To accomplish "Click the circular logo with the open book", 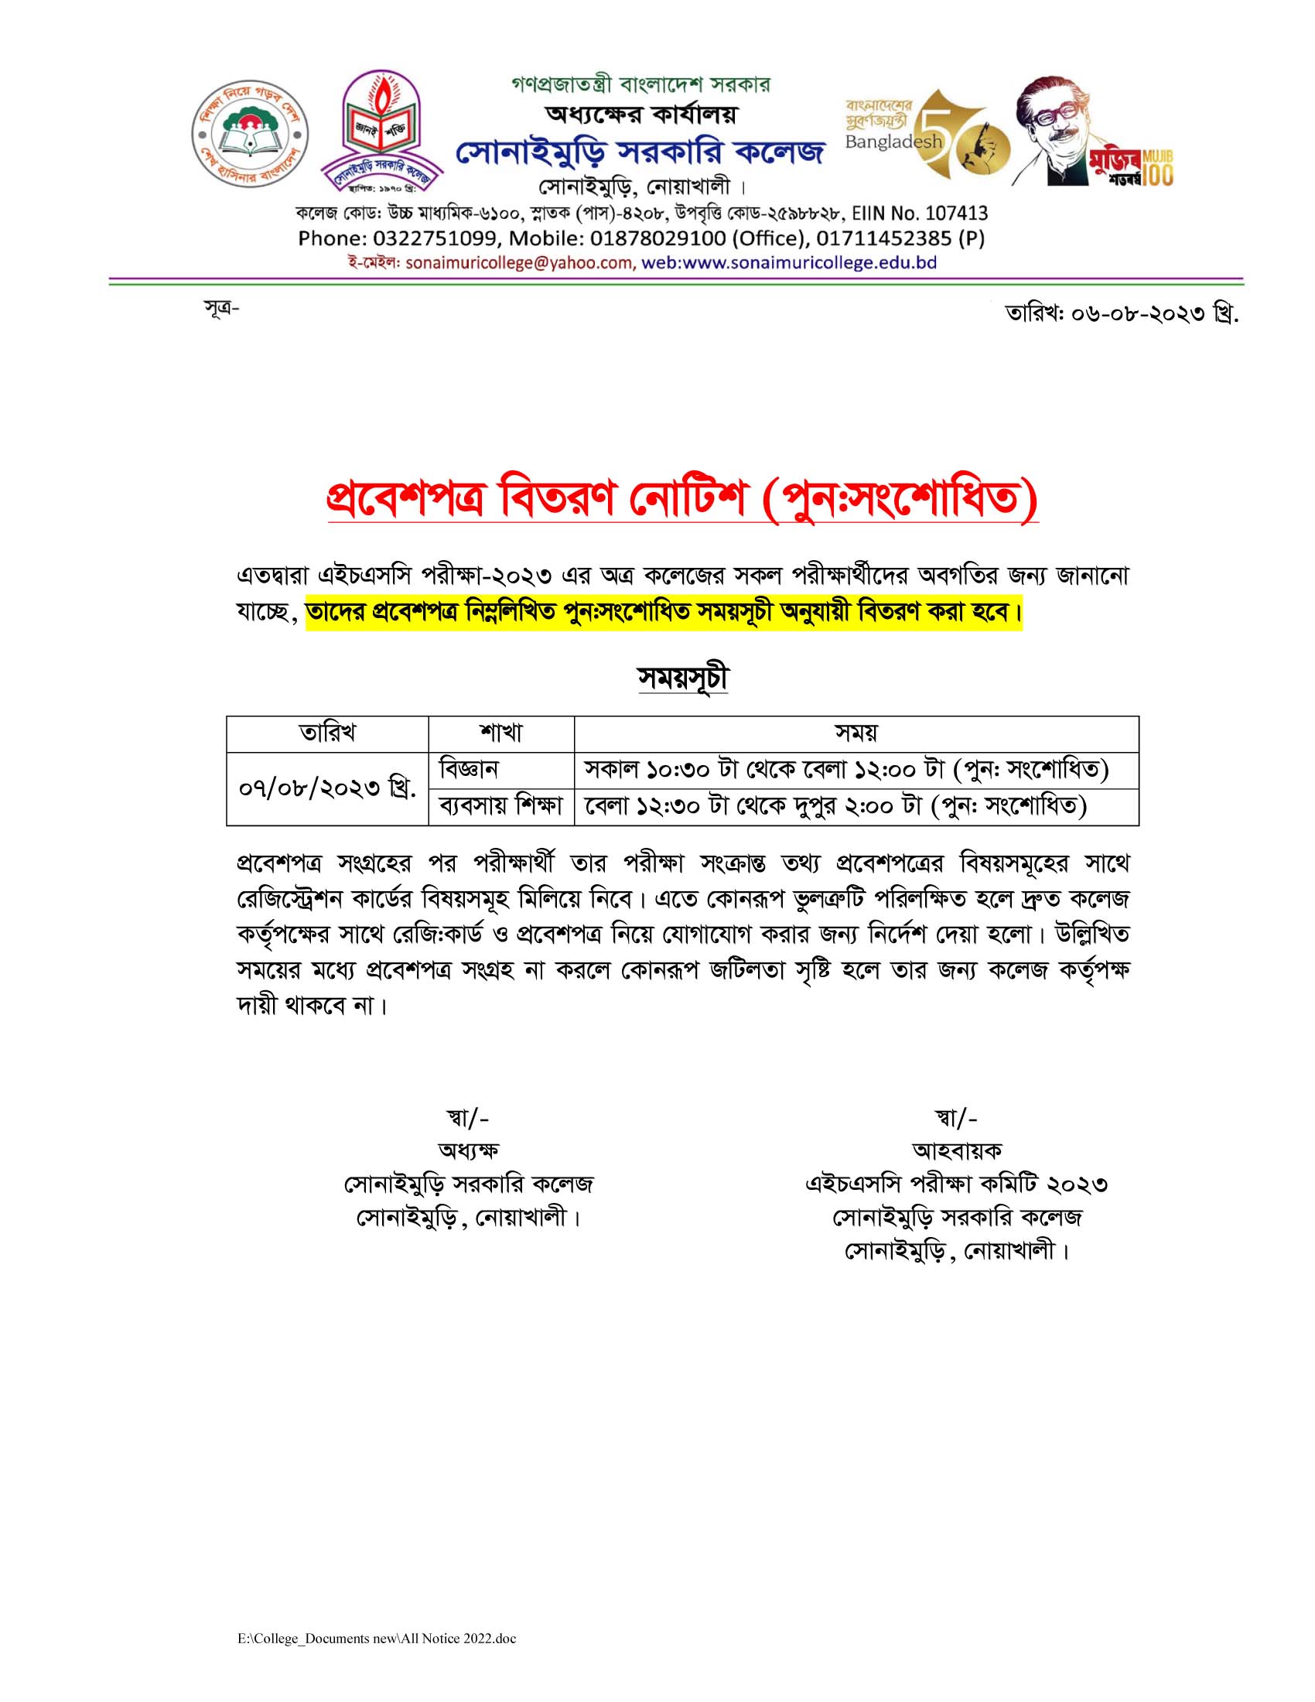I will pos(250,134).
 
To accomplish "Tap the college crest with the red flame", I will pos(381,131).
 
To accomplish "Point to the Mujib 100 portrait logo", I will pos(1091,132).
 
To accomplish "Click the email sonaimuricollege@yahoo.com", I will pos(520,263).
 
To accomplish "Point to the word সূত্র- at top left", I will pos(221,309).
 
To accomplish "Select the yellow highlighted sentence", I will pos(664,613).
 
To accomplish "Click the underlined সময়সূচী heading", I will pos(682,678).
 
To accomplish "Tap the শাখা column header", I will pos(501,733).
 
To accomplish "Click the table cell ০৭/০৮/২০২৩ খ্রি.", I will pos(327,788).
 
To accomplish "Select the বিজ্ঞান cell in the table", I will pos(468,770).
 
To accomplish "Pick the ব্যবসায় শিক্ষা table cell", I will pos(501,806).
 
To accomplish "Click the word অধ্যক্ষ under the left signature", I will pos(468,1151).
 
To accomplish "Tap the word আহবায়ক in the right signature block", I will pos(957,1151).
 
